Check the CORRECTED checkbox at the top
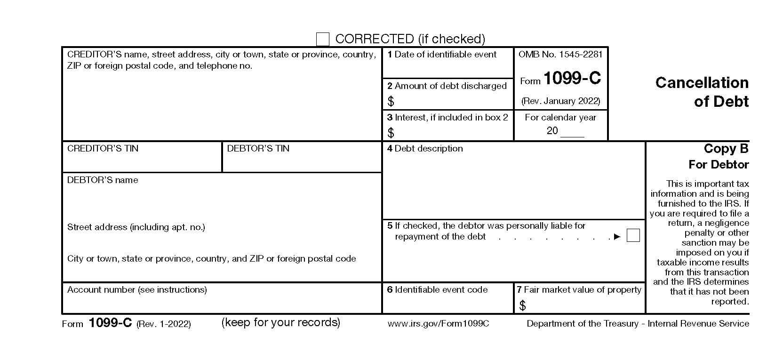point(322,39)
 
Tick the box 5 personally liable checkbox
point(633,235)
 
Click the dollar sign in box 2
point(391,101)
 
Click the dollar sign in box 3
point(391,133)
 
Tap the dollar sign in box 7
point(522,306)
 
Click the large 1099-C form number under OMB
point(572,79)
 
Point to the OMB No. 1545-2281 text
point(560,55)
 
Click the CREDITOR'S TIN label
point(103,149)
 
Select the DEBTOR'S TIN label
point(258,149)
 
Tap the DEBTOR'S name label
point(103,180)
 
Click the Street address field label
point(136,227)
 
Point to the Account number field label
point(137,290)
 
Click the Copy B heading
point(726,149)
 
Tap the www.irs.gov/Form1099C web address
point(438,324)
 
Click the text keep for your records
point(281,322)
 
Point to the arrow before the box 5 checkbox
point(617,237)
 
